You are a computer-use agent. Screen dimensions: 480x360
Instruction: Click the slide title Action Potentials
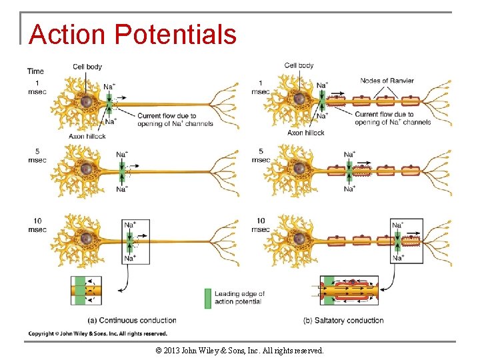[x=133, y=35]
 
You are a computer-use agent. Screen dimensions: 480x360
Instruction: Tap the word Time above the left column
[x=35, y=71]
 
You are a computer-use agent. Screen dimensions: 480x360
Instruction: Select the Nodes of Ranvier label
[x=387, y=81]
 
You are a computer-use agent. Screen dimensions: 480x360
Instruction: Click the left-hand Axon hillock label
[x=87, y=136]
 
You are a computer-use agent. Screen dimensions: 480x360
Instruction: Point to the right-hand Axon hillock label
[x=305, y=133]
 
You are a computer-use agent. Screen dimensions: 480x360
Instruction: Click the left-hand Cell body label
[x=87, y=66]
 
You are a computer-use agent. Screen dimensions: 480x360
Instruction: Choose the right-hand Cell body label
[x=299, y=65]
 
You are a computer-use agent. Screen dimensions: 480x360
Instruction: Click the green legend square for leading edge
[x=207, y=298]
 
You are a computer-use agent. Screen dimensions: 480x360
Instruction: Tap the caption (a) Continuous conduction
[x=133, y=321]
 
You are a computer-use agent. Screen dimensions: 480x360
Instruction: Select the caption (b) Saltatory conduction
[x=343, y=321]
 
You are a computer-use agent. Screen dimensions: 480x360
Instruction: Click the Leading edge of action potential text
[x=239, y=297]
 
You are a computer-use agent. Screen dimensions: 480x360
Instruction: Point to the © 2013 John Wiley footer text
[x=239, y=350]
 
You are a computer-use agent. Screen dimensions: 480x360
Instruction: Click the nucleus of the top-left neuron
[x=86, y=101]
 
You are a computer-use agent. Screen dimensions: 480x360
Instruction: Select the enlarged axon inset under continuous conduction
[x=87, y=291]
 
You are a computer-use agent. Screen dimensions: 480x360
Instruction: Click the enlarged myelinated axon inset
[x=349, y=291]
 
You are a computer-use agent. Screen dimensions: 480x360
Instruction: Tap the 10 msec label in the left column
[x=37, y=225]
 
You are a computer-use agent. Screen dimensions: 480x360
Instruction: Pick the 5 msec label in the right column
[x=261, y=155]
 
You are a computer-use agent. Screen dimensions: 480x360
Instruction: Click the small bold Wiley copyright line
[x=97, y=333]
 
